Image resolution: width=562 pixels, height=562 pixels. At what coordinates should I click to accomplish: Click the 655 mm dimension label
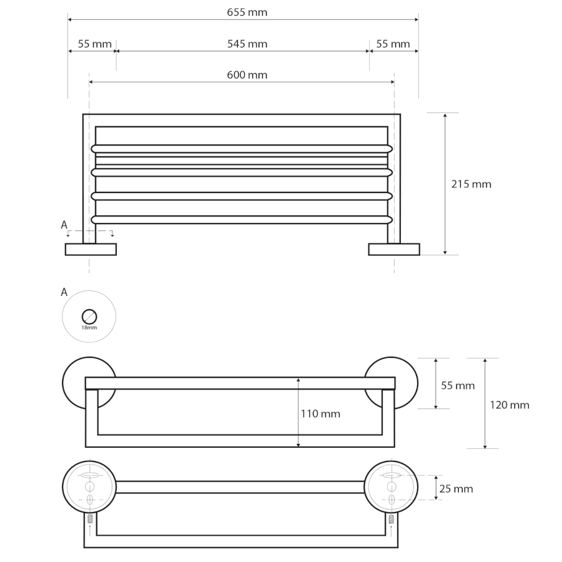tap(247, 12)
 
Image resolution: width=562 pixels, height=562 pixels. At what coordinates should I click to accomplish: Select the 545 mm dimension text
tap(247, 44)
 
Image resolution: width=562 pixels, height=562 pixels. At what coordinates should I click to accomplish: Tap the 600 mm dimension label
tap(247, 76)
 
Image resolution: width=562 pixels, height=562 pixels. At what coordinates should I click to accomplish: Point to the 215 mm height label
tap(471, 184)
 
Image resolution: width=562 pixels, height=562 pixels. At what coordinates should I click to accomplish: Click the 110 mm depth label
tap(320, 414)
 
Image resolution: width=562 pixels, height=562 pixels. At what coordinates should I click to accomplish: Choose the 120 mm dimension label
tap(510, 405)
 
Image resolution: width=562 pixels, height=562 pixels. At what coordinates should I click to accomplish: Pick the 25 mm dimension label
tap(456, 489)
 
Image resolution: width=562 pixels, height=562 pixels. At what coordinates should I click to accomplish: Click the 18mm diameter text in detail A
tap(89, 328)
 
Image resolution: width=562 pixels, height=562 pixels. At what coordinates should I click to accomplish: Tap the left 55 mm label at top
tap(95, 44)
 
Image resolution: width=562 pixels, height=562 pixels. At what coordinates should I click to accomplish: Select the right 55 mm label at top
tap(393, 44)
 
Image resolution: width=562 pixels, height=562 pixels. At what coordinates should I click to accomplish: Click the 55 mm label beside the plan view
tap(458, 386)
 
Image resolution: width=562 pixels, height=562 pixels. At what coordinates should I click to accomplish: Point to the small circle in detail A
tap(89, 317)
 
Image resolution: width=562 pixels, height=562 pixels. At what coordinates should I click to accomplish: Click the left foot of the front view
tap(91, 249)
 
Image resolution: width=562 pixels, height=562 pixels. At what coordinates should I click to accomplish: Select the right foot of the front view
tap(394, 249)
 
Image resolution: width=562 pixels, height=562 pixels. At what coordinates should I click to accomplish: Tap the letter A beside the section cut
tap(64, 225)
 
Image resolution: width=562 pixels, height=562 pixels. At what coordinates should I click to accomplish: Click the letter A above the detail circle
tap(64, 292)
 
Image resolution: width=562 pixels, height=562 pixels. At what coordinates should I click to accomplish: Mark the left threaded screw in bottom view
tap(90, 519)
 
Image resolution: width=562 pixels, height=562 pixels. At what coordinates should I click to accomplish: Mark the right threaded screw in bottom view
tap(392, 519)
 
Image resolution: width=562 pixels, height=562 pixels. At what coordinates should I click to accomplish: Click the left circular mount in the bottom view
tap(89, 487)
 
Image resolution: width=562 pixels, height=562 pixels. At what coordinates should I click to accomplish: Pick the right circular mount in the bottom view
tap(391, 487)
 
